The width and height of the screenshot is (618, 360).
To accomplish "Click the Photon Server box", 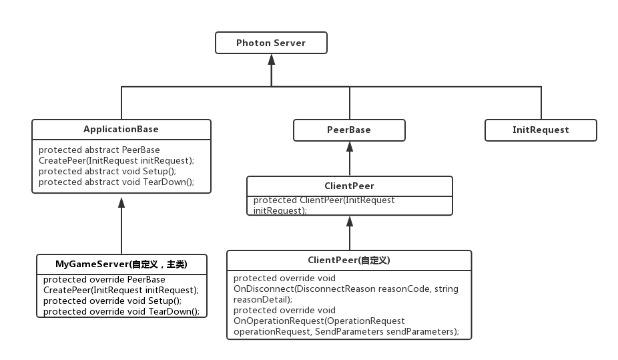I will [x=271, y=43].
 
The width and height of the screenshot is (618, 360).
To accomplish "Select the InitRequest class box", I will [x=541, y=130].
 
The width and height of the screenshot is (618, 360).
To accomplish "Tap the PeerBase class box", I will [x=349, y=130].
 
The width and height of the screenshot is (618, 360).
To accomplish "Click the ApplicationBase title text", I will [x=121, y=129].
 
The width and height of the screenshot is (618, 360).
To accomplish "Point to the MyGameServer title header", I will [x=121, y=264].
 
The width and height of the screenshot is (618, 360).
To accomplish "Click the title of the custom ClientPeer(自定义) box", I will [x=348, y=260].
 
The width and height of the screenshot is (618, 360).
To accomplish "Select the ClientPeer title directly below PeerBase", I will [x=349, y=186].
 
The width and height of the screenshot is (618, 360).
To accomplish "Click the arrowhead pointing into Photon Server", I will [x=271, y=59].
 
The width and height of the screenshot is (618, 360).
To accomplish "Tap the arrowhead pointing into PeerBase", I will [x=349, y=147].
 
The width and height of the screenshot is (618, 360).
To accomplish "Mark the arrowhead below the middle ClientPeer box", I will [x=349, y=221].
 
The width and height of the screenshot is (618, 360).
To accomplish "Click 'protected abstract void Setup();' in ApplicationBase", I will [x=107, y=171].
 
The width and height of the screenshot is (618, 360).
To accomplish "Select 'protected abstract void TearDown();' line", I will [x=116, y=182].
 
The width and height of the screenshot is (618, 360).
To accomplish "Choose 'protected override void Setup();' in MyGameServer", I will [x=112, y=301].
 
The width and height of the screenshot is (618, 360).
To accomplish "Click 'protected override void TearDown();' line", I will [x=121, y=311].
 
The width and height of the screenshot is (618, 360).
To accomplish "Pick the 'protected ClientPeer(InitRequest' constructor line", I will [x=324, y=200].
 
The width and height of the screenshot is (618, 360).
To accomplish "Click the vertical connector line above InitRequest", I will [x=541, y=103].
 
